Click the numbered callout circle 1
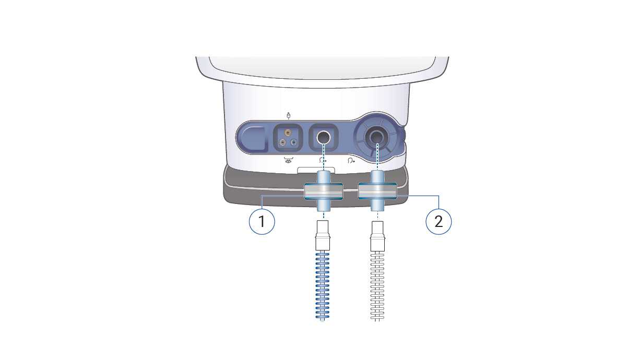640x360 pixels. coord(262,221)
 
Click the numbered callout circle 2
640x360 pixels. coord(438,221)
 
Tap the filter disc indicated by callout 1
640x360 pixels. coord(324,191)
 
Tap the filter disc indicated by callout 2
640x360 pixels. coord(377,191)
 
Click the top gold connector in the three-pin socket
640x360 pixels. coord(288,133)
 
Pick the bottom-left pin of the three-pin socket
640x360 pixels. coord(282,142)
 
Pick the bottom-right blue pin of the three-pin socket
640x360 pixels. coord(293,142)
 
